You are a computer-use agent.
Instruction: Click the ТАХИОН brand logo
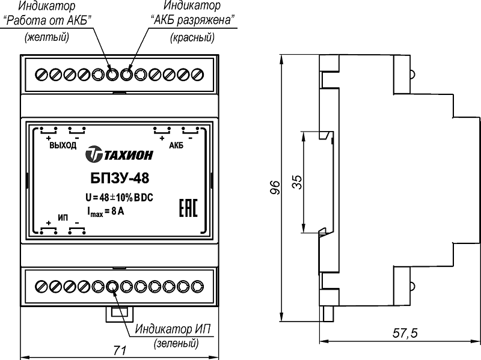tap(118, 155)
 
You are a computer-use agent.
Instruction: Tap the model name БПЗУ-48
tap(119, 178)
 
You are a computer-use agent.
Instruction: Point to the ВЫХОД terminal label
tap(62, 146)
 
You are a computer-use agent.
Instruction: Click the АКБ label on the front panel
tap(176, 146)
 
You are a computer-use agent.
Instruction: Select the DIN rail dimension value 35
tap(296, 182)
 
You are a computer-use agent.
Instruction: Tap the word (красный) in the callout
tap(192, 37)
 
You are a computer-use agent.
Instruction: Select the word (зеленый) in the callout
tap(176, 344)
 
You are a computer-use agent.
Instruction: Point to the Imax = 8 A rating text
tap(106, 211)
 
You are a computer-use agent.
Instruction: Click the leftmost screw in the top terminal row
tap(41, 75)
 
